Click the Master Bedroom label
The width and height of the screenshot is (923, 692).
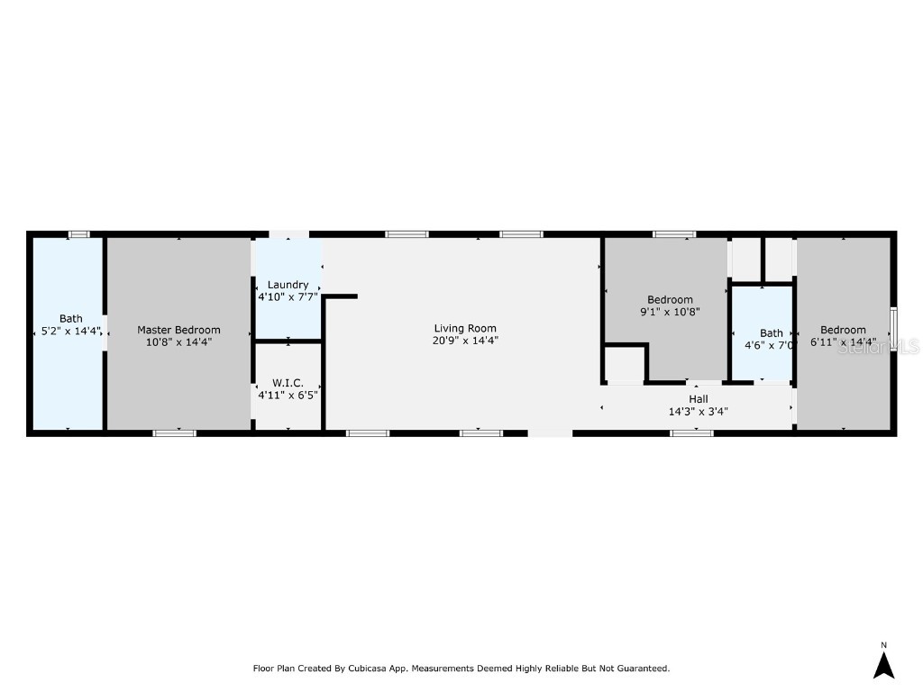click(178, 330)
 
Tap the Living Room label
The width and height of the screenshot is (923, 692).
click(465, 329)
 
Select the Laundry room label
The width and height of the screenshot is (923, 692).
click(288, 285)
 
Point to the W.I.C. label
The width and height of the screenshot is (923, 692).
click(288, 383)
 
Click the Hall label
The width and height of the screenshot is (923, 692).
click(698, 399)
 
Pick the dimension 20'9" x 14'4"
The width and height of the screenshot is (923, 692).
click(465, 341)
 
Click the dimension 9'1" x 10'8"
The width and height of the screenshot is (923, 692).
click(670, 312)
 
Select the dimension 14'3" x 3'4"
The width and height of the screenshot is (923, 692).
click(698, 411)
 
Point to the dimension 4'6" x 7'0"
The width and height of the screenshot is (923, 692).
click(769, 345)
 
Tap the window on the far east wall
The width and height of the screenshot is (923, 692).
click(893, 331)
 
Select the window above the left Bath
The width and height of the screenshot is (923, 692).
click(79, 234)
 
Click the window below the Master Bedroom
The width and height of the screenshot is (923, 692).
click(174, 433)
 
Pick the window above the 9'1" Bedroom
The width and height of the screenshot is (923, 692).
click(674, 234)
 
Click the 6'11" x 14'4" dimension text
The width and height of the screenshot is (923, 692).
click(843, 341)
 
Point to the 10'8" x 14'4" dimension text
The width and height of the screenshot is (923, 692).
click(178, 341)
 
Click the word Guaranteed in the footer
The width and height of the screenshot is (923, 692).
click(639, 669)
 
